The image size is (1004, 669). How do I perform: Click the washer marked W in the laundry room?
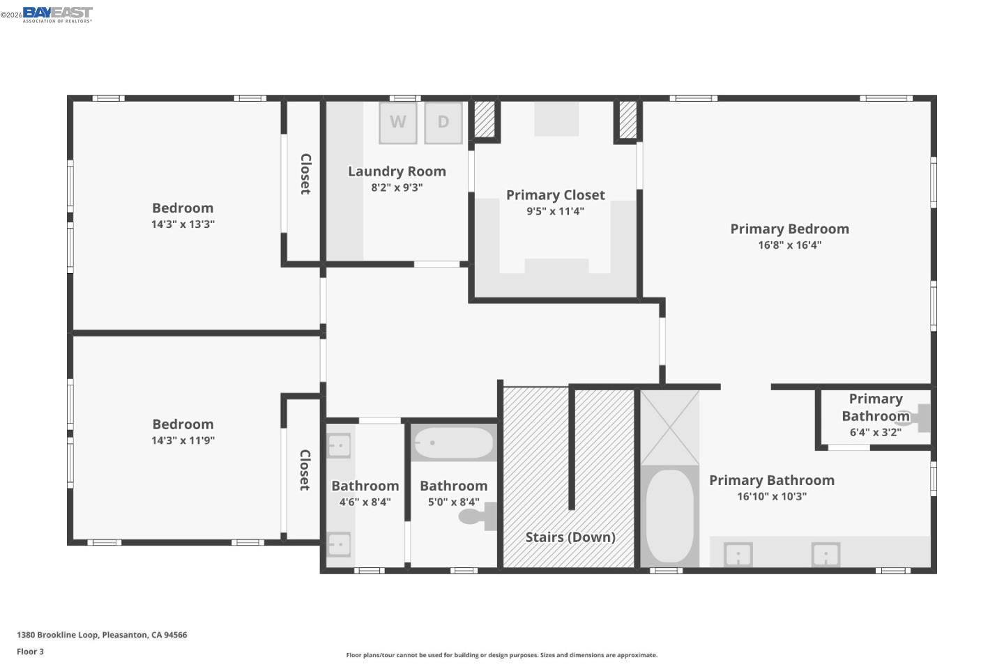point(398,123)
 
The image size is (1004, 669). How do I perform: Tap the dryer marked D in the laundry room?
point(443,123)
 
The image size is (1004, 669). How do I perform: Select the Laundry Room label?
point(397,171)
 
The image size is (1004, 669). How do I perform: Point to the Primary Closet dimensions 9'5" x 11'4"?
point(555,211)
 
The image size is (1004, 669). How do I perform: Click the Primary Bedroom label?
point(789,229)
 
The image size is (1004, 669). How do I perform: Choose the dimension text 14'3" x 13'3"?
point(183,224)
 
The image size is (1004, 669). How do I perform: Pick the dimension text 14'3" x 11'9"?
point(183,440)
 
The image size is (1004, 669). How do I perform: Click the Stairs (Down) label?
point(570,537)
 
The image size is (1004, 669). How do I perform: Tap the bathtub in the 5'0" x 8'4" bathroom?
point(453,443)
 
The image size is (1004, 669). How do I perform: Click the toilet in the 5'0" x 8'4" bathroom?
point(478,516)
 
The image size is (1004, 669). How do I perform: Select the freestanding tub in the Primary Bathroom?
point(669,516)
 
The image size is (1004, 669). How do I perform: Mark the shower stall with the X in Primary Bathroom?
point(669,427)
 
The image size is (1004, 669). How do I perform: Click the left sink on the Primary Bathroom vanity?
point(738,555)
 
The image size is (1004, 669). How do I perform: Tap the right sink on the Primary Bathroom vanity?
point(826,555)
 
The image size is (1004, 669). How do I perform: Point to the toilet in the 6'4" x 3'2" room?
point(918,418)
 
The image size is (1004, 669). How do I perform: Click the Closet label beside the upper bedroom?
point(305,174)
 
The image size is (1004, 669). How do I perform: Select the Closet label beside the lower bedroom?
point(305,470)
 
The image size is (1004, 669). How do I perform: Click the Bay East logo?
point(57,15)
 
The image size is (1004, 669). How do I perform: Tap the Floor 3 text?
point(30,652)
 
